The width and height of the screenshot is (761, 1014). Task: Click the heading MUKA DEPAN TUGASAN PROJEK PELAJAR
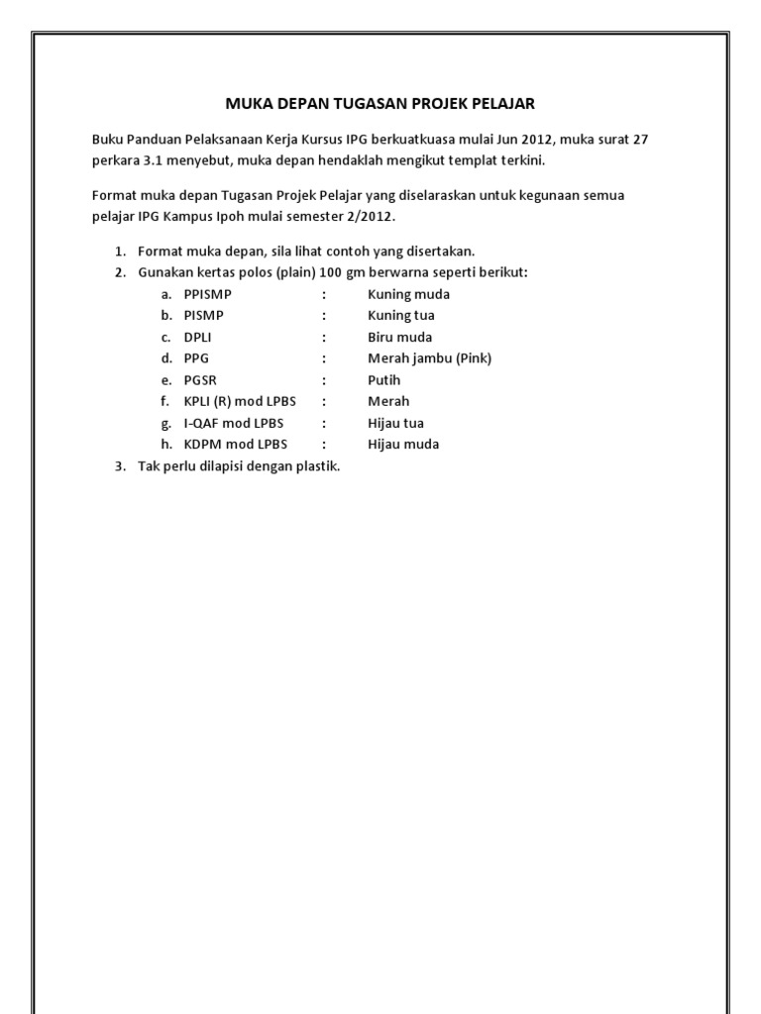pos(380,103)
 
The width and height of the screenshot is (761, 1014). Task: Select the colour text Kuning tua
pos(400,316)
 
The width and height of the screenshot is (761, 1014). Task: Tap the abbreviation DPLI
pos(197,338)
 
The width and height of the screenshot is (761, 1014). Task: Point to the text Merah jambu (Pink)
pos(429,358)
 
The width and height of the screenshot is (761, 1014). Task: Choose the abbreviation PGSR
pos(199,380)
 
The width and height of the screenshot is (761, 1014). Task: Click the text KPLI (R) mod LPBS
pos(241,401)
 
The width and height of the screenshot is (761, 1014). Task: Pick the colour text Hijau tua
pos(395,423)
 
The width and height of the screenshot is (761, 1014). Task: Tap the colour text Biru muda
pos(399,338)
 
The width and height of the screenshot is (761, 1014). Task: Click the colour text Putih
pos(384,380)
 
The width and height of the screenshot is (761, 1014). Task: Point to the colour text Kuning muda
pos(408,294)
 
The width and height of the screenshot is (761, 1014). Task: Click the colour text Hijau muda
pos(403,445)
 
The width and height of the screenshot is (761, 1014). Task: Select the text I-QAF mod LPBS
pos(234,423)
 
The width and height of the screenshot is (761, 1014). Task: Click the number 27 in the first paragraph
pos(639,140)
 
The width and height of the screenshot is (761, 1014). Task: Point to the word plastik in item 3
pos(317,466)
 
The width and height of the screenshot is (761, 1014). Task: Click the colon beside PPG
pos(323,358)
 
